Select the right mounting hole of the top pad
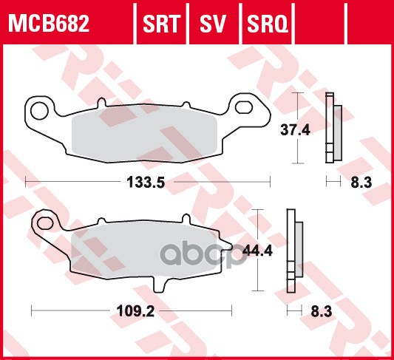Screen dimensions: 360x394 point(242,108)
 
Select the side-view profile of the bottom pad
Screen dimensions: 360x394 point(293,252)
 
